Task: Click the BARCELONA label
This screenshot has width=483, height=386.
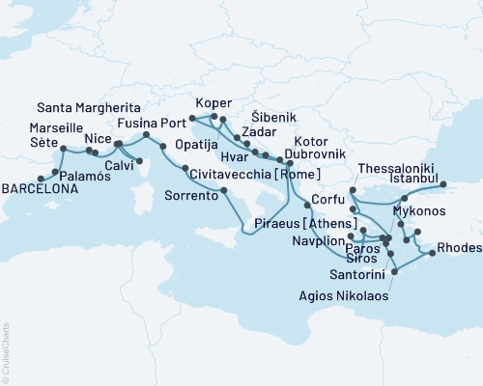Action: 39,189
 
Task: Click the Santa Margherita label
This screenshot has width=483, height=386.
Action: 84,107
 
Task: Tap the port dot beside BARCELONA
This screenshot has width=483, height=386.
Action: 40,179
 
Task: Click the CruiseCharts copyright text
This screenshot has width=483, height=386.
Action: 6,353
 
